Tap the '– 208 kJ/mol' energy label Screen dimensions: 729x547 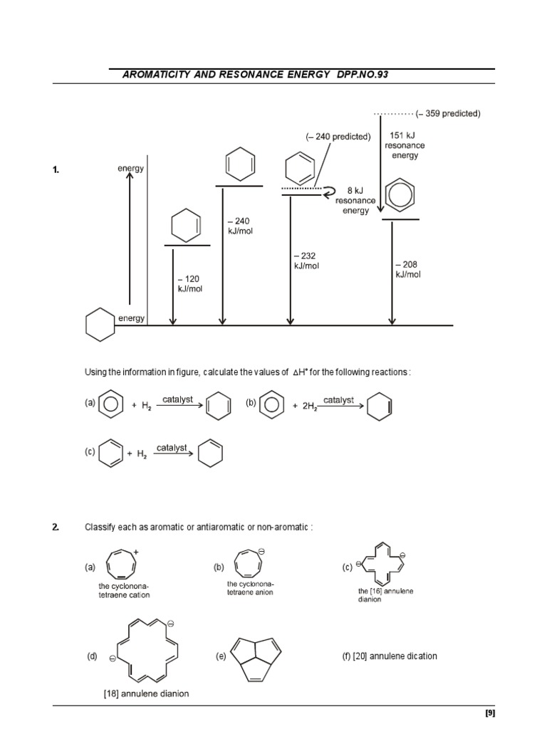click(408, 269)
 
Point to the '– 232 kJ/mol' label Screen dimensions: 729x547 click(304, 261)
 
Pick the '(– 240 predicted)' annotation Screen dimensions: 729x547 click(338, 137)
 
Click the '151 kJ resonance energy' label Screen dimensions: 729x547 click(406, 145)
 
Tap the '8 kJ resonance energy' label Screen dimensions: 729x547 click(355, 201)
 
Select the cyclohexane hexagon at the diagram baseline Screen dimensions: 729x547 click(100, 325)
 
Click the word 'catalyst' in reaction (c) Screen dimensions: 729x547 click(172, 448)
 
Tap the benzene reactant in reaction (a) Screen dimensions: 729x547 click(109, 405)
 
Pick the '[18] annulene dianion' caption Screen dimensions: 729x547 click(147, 693)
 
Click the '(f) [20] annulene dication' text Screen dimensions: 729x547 click(390, 656)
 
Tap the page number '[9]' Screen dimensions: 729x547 click(489, 713)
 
